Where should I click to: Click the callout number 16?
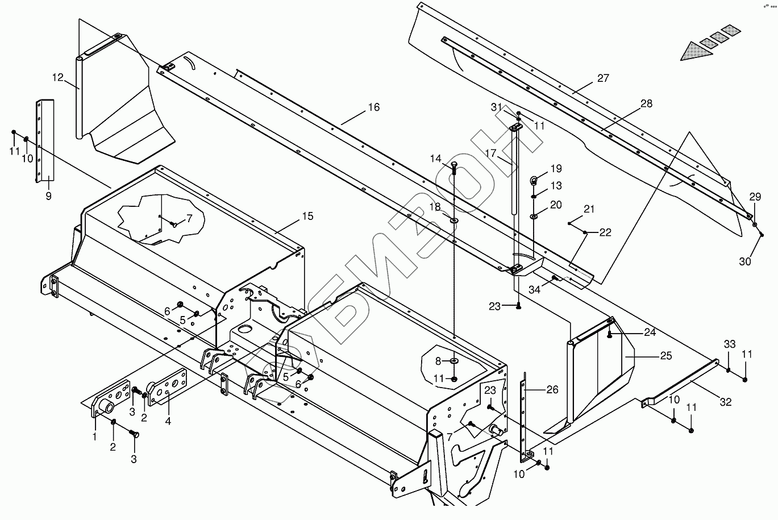tap(373, 107)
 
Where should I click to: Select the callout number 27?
tap(603, 78)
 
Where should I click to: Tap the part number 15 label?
tap(307, 216)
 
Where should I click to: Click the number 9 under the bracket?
tap(48, 196)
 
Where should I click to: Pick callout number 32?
tap(726, 402)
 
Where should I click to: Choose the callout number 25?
tap(666, 356)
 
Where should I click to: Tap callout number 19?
tap(556, 168)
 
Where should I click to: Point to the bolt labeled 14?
tap(454, 167)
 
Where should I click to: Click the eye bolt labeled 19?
tap(534, 181)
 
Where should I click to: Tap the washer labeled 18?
tap(454, 219)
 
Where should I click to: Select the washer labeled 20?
tap(535, 217)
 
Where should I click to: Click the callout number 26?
tap(552, 390)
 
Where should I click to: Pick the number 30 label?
tap(744, 261)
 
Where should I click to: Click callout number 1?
tap(95, 436)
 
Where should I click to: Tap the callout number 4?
tap(168, 421)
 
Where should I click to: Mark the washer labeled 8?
tap(454, 361)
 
